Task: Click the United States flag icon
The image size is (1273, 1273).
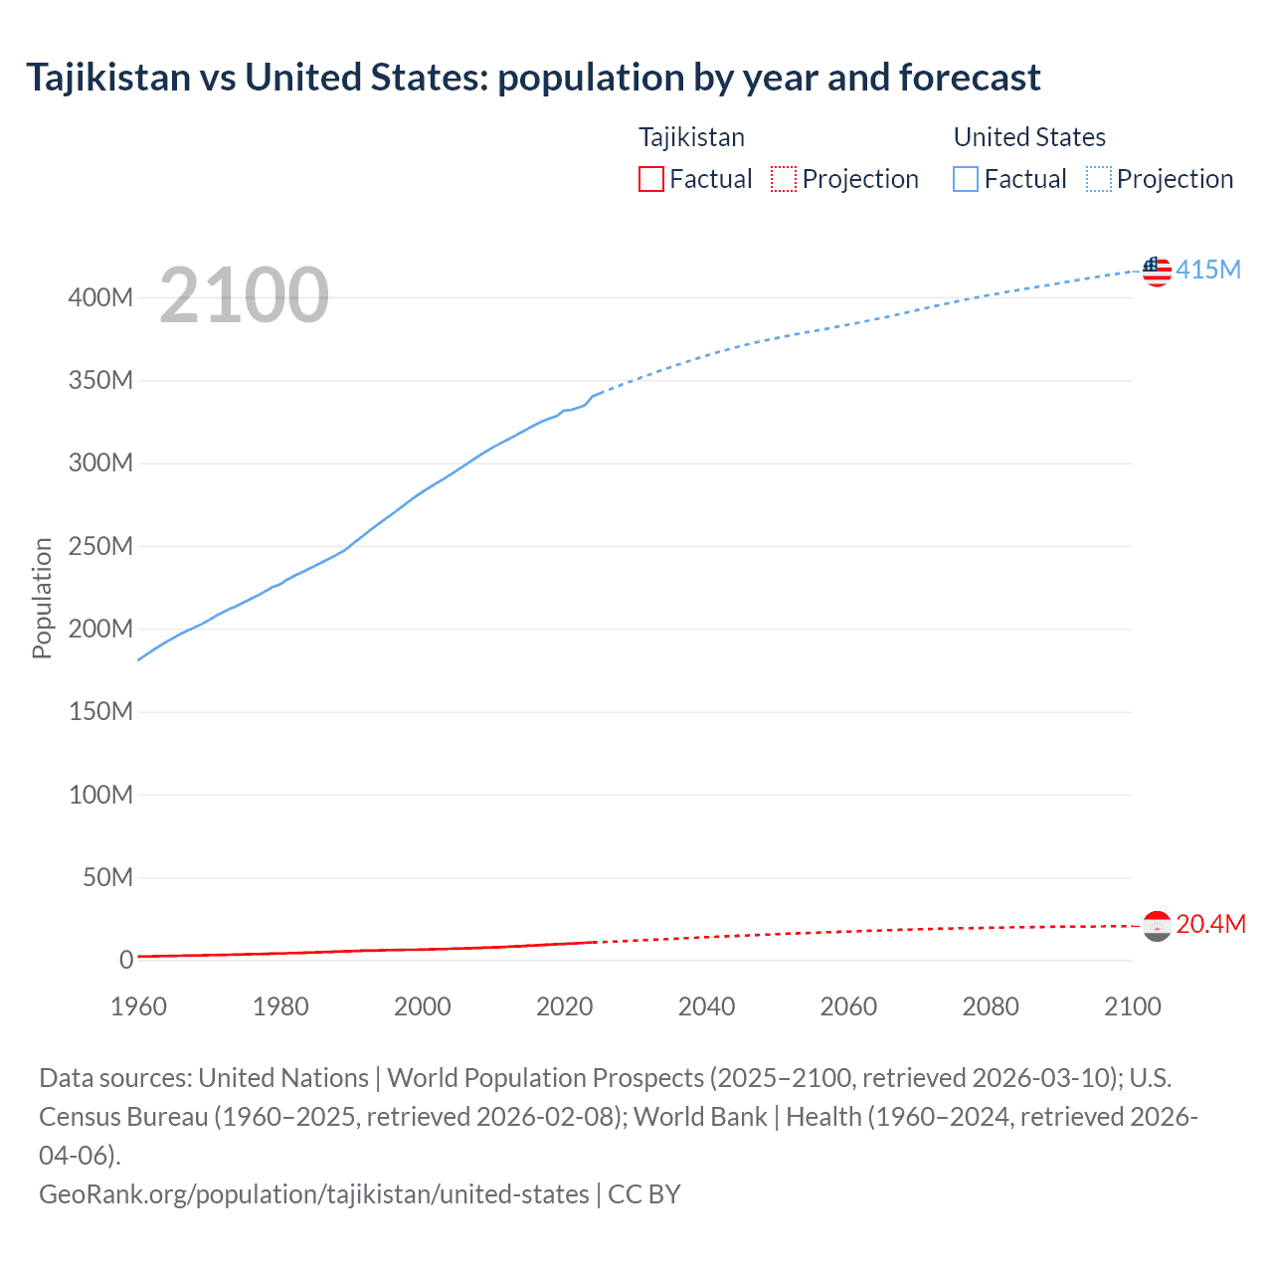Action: click(x=1157, y=271)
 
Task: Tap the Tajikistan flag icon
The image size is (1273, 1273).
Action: click(x=1157, y=926)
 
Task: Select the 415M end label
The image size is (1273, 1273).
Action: click(x=1208, y=270)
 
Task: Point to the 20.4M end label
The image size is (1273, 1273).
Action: click(x=1210, y=924)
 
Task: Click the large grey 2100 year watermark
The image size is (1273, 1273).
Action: click(x=244, y=295)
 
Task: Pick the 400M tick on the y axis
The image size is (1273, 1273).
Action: click(x=100, y=297)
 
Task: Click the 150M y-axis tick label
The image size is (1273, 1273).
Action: click(x=100, y=712)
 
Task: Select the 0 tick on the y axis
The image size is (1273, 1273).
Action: click(x=126, y=960)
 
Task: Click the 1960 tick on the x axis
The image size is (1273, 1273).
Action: click(x=138, y=1006)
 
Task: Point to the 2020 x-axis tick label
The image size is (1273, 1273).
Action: click(x=564, y=1006)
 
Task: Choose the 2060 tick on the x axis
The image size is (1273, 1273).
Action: click(x=848, y=1006)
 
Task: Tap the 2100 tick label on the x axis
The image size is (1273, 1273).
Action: click(x=1132, y=1006)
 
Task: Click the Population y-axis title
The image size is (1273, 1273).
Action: click(x=42, y=598)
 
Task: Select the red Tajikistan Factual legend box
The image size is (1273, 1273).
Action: click(x=651, y=179)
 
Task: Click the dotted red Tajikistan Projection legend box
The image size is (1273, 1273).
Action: click(x=784, y=179)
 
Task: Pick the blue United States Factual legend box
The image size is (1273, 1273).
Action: click(x=966, y=179)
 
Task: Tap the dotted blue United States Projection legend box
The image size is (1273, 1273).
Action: click(x=1099, y=179)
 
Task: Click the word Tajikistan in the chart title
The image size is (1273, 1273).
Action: click(x=108, y=77)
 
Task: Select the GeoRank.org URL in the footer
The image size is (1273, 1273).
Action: click(x=314, y=1193)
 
